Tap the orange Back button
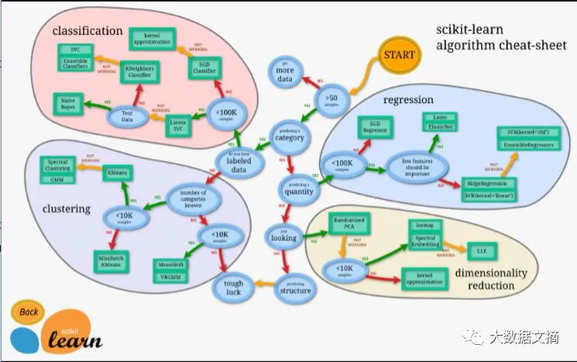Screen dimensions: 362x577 pos(29,312)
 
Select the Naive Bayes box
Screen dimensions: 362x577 pos(69,102)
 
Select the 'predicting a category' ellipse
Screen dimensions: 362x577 pos(289,135)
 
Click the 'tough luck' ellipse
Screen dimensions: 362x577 pos(233,288)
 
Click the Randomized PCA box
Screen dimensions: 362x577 pos(347,222)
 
